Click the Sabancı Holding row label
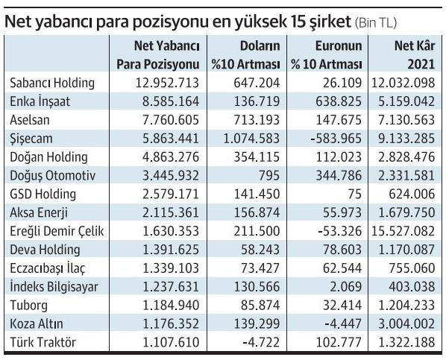tap(52, 83)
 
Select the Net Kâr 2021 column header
tap(415, 55)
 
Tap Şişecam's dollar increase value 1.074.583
tap(251, 139)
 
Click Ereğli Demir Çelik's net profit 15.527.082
tap(403, 231)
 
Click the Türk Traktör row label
tap(43, 342)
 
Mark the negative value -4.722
tap(261, 342)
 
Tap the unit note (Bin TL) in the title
tap(375, 23)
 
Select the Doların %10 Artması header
tap(246, 55)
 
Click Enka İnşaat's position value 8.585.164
tap(170, 101)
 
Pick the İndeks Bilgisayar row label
tap(54, 287)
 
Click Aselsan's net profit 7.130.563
tap(406, 120)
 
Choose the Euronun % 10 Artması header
tap(327, 55)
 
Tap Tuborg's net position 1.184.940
tap(170, 305)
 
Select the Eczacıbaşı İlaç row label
tap(48, 268)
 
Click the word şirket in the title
tap(330, 22)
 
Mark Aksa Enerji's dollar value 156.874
tap(257, 212)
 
